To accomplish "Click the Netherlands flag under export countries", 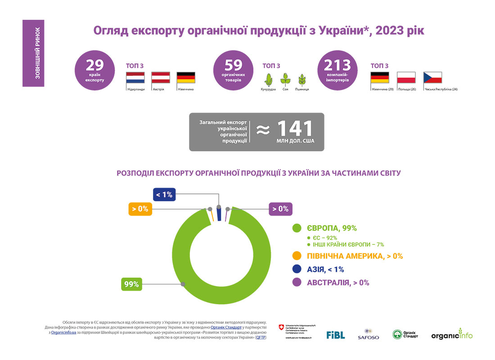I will (135, 78).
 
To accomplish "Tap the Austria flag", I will (161, 78).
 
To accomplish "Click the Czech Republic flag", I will (433, 78).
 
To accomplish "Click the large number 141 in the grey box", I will (294, 129).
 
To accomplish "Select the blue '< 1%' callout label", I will (164, 194).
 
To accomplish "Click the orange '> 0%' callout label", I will (140, 209).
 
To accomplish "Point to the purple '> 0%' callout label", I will (280, 209).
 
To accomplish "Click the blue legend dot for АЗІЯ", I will (297, 269).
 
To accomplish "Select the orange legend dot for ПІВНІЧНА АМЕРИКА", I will (297, 256).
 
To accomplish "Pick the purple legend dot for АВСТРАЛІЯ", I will (297, 283).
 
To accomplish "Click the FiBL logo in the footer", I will (336, 335).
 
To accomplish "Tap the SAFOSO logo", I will (368, 334).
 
